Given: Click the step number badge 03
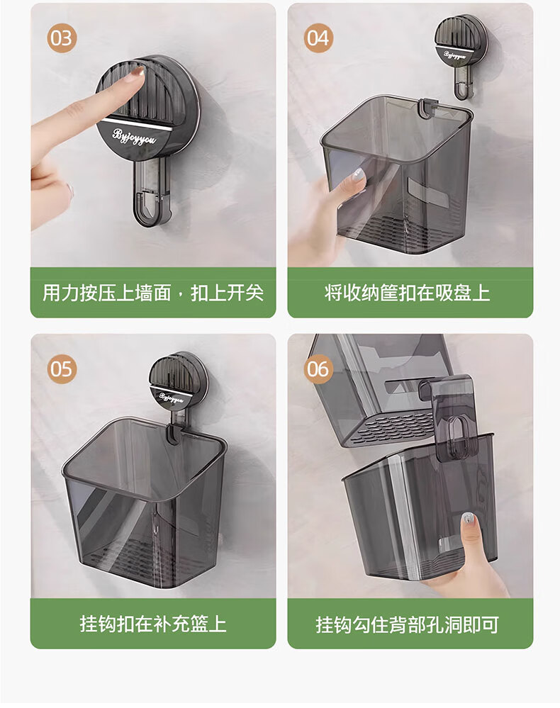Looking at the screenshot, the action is click(x=62, y=38).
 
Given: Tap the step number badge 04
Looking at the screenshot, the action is click(x=318, y=38).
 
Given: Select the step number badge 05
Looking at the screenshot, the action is click(x=62, y=369).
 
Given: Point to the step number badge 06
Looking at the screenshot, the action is click(x=318, y=369).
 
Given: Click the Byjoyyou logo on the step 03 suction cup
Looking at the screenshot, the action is click(x=134, y=136).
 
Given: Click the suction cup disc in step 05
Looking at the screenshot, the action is click(x=179, y=381).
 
